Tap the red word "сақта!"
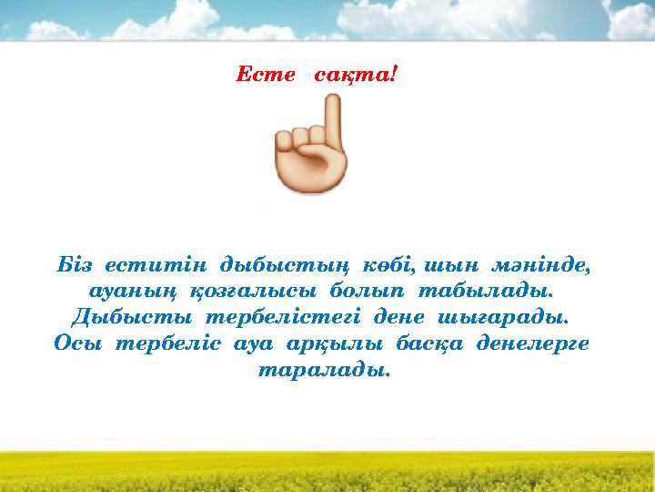(x=354, y=73)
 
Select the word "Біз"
(x=74, y=266)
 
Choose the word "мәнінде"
(x=542, y=266)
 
